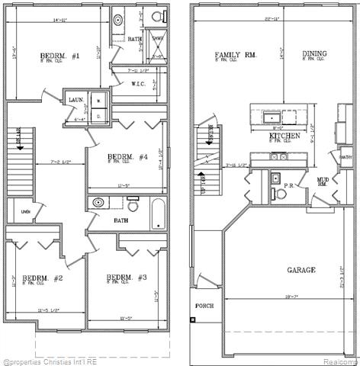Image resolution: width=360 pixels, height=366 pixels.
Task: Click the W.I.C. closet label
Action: (x=139, y=84)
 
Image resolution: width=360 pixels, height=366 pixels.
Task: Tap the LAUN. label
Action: (x=75, y=100)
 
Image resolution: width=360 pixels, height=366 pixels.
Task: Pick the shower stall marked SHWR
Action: (x=158, y=47)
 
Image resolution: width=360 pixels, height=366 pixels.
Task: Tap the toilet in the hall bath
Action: (x=133, y=205)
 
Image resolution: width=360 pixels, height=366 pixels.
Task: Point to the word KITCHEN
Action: (x=283, y=136)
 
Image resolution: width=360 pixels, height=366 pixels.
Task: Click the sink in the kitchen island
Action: (x=269, y=117)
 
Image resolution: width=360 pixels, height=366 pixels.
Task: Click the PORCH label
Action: (x=204, y=307)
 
